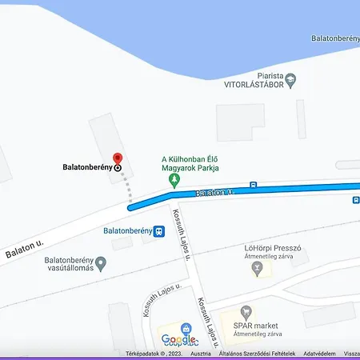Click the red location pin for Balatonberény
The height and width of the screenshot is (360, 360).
coord(118,158)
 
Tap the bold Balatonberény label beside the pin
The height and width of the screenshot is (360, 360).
coord(88,168)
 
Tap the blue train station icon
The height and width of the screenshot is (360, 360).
coord(160,231)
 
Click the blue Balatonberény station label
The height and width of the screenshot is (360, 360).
coord(128,231)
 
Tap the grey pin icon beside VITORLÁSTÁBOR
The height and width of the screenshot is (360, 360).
coord(290,78)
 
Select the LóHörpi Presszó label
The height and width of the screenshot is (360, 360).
coord(272,248)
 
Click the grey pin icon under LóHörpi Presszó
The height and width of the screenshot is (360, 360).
coord(257,269)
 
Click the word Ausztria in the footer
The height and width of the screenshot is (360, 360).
coord(201,354)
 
